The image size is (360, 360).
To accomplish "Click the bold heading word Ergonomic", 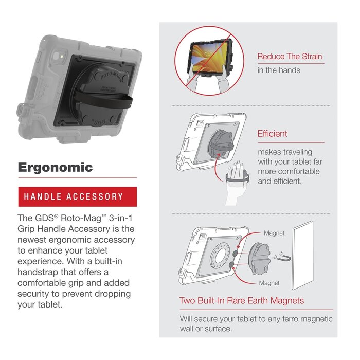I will tap(56, 167).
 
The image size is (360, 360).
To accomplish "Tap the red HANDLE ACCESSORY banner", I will tap(77, 196).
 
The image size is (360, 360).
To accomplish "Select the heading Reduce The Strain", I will tap(291, 57).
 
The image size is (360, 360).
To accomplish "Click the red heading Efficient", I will tap(273, 134).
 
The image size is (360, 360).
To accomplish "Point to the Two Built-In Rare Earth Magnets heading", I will tap(242, 300).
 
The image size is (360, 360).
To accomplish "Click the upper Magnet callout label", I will tap(274, 233).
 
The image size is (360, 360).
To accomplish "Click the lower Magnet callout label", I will tap(269, 283).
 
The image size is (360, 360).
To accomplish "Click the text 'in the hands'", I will tap(279, 70).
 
